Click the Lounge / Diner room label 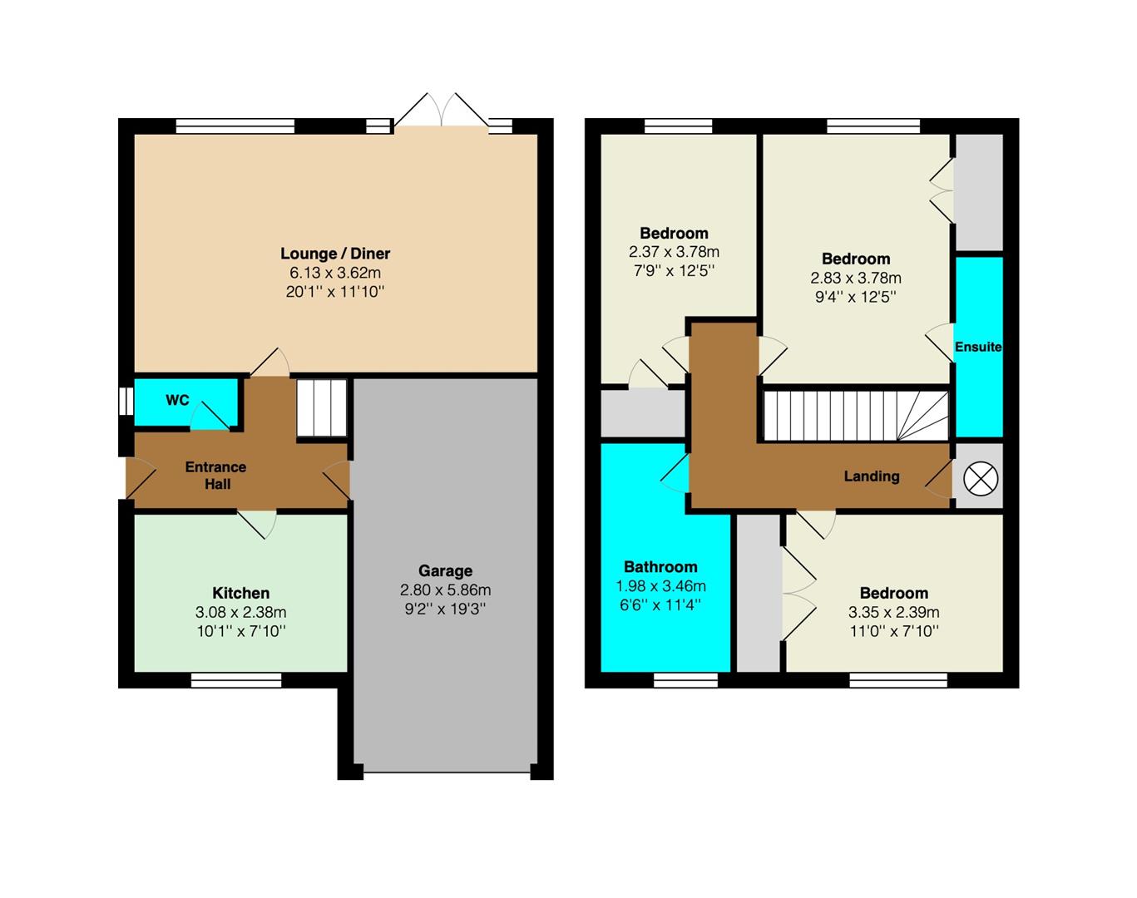coord(335,254)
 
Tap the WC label coord(177,400)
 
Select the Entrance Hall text coord(216,476)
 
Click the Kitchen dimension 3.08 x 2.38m coord(241,612)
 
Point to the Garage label coord(445,571)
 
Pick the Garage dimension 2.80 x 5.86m coord(445,590)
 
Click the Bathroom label coord(660,567)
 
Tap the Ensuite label coord(978,347)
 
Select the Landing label coord(872,476)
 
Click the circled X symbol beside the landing coord(981,479)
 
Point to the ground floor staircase coord(321,407)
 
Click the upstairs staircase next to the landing coord(856,415)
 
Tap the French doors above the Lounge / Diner coord(442,110)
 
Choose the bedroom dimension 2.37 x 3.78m coord(674,252)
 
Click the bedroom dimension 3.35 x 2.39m coord(894,612)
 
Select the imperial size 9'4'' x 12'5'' coord(856,297)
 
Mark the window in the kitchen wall coord(236,680)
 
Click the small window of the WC coord(126,402)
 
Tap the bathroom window coord(686,680)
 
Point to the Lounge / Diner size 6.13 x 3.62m coord(335,273)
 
